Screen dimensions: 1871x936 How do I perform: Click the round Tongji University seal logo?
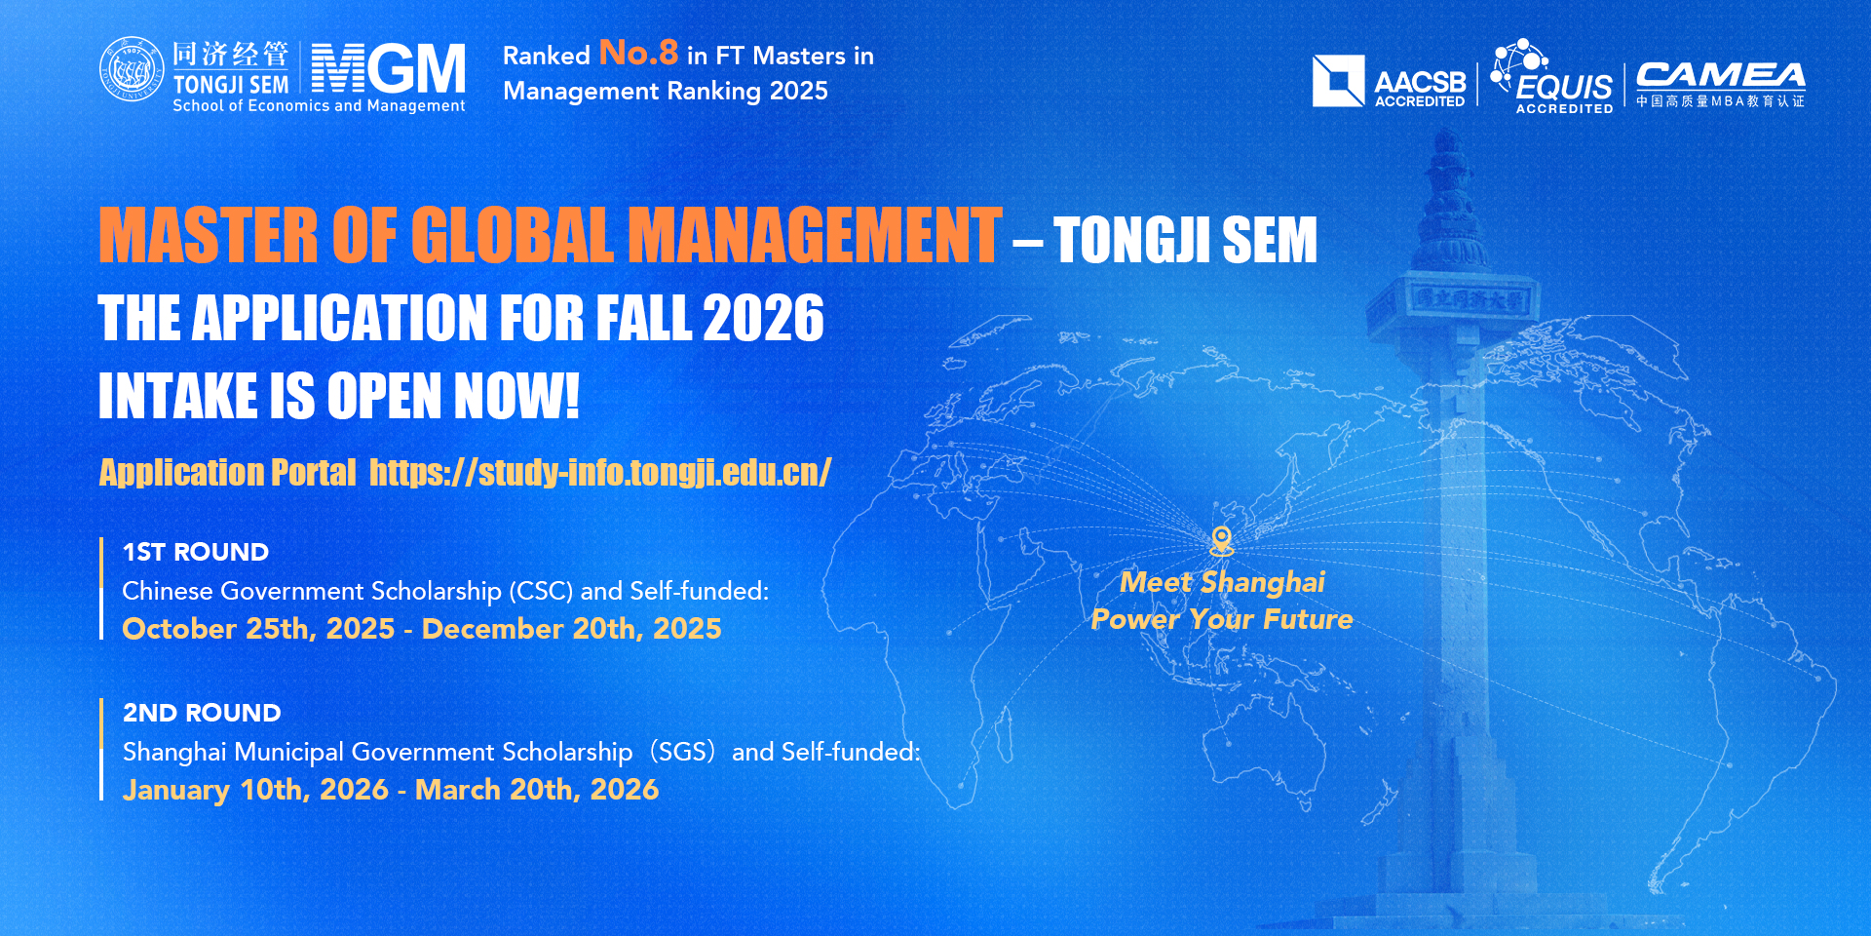click(x=132, y=69)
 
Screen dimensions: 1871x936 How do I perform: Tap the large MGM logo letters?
click(x=389, y=68)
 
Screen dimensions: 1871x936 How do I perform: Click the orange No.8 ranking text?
click(x=638, y=53)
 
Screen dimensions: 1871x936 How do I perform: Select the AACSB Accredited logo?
click(x=1389, y=81)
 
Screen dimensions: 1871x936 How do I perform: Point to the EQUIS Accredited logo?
click(x=1552, y=77)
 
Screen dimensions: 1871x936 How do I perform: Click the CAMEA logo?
click(x=1720, y=85)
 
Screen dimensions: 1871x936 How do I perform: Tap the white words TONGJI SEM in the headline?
click(x=1185, y=240)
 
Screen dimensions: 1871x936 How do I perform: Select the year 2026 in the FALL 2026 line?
click(x=763, y=319)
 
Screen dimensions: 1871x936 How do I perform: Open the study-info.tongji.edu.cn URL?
click(x=600, y=473)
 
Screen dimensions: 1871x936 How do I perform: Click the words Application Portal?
click(x=228, y=473)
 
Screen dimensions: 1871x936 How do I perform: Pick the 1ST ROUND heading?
click(x=196, y=552)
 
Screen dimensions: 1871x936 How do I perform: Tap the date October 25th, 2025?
click(x=258, y=629)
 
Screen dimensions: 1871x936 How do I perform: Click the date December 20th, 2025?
click(x=572, y=629)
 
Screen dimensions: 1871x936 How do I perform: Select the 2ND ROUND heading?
click(x=202, y=713)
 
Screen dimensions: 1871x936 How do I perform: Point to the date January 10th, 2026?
click(x=255, y=790)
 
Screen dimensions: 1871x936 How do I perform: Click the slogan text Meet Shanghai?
click(x=1222, y=582)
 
